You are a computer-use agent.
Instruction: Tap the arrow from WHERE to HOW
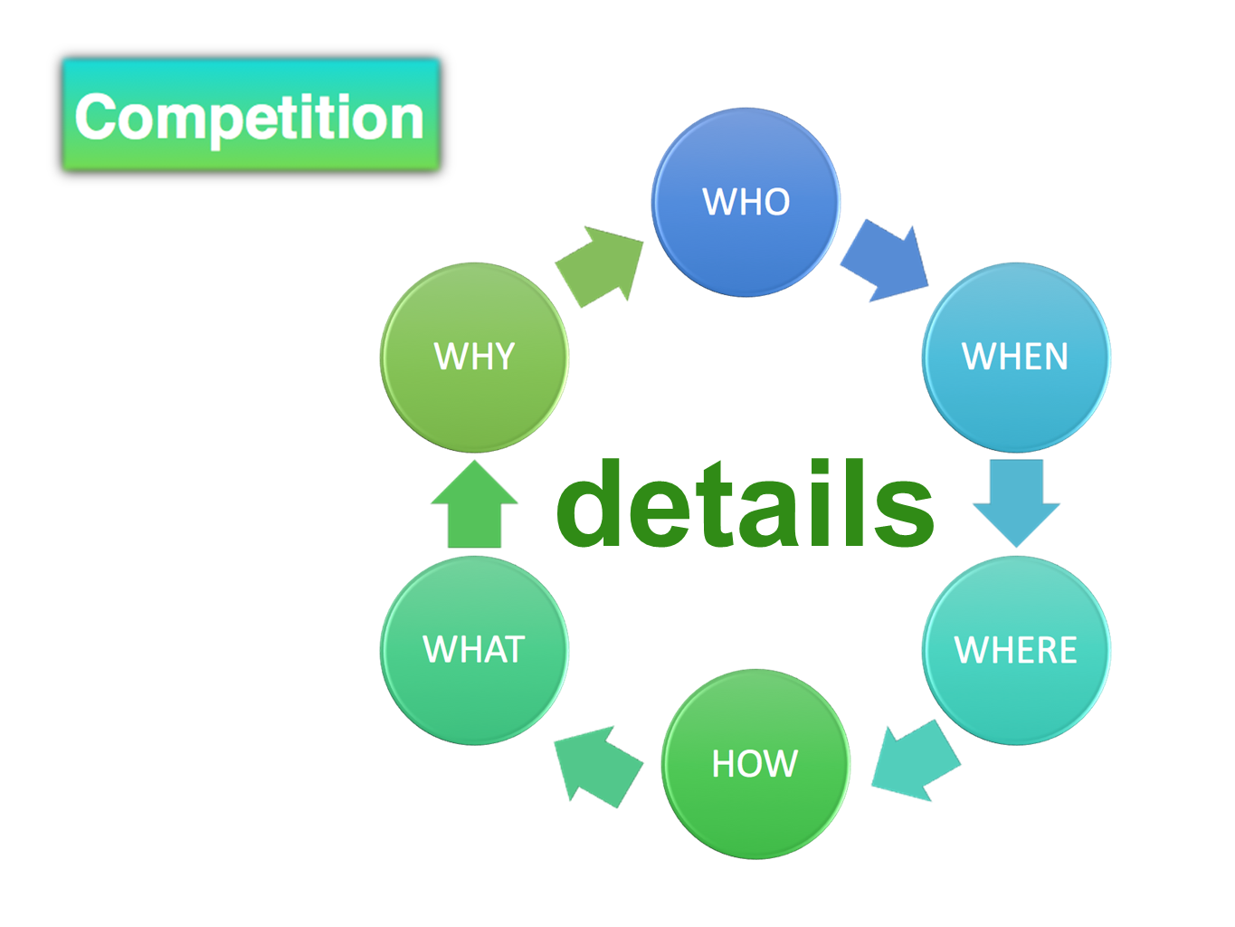915,761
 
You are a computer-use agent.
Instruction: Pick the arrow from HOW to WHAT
598,765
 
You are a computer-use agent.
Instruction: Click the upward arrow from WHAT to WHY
474,507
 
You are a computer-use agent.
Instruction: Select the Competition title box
251,115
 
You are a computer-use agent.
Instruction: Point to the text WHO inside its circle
746,201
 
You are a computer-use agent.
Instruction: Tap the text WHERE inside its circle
1015,650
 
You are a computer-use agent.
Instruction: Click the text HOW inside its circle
755,764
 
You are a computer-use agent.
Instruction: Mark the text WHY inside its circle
474,356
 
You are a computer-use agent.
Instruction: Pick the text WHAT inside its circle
474,649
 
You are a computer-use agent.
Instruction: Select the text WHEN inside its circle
1015,356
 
